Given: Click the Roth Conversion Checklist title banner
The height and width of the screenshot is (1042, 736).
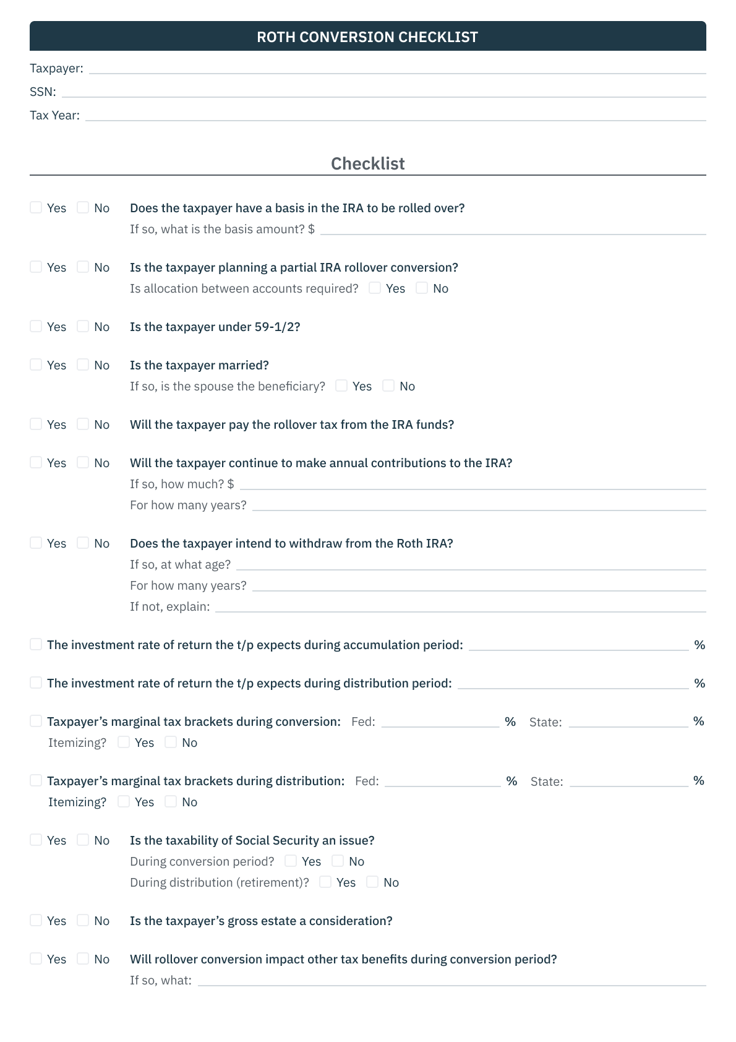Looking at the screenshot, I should tap(367, 37).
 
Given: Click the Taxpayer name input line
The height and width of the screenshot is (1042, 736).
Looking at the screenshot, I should tap(397, 69).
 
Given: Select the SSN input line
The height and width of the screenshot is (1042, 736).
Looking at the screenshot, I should tap(383, 92).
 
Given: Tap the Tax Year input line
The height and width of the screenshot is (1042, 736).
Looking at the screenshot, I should tap(395, 116).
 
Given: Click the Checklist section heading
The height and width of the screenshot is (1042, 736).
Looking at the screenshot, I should tap(367, 163).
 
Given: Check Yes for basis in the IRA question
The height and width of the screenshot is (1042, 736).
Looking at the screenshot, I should tap(36, 207).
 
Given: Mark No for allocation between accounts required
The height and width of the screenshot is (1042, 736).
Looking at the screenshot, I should tap(422, 288).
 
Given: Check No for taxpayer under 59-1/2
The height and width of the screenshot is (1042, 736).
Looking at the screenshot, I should tap(83, 326).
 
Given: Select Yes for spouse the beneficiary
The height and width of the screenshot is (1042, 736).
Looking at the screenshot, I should tap(341, 385).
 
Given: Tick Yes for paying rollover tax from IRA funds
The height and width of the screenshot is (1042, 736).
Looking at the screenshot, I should tap(36, 424).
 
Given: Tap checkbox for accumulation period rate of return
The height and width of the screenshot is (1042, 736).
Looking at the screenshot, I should tap(36, 644).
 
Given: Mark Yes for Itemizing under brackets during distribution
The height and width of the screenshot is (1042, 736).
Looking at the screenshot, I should tap(124, 801).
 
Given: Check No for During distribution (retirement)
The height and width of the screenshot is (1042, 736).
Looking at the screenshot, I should tap(372, 882).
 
